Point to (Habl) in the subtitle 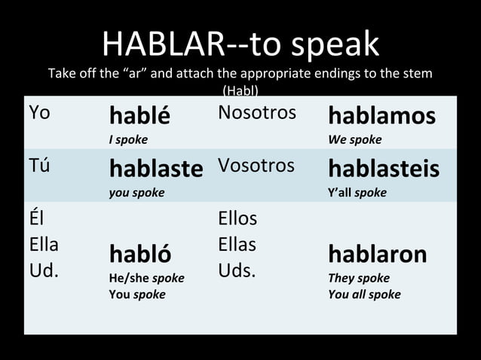240,91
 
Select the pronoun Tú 39,166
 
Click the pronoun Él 36,219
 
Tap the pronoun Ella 44,245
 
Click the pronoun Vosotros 256,166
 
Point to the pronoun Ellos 237,219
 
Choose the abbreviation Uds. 237,270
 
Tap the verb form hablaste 156,169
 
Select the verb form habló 139,254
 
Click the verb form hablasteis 384,169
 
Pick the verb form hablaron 377,254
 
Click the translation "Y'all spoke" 357,193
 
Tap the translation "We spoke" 354,140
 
